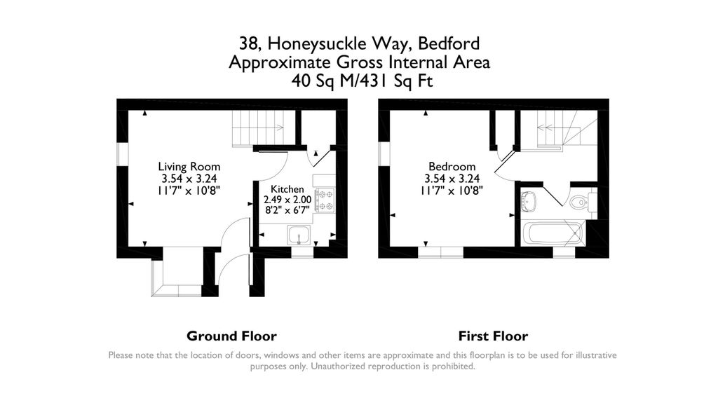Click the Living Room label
coord(189,167)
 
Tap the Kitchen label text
coord(287,189)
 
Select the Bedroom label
coord(452,167)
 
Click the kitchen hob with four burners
coord(325,200)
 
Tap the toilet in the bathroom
coord(579,202)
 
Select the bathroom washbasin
coord(529,201)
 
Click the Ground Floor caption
coord(231,336)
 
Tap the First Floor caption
coord(493,336)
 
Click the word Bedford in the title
coord(449,43)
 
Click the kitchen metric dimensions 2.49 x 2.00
coord(287,200)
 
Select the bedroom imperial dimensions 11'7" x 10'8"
coord(452,190)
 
